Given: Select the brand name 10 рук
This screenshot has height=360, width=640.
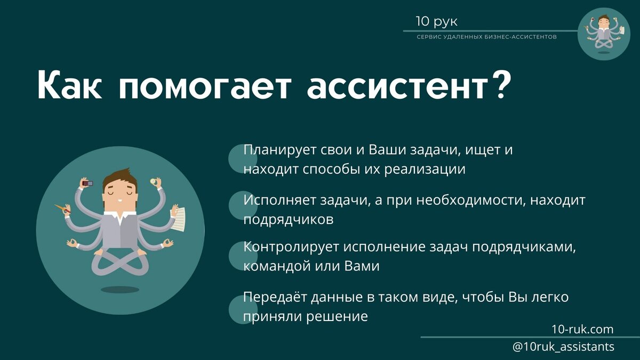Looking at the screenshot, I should click(x=436, y=22).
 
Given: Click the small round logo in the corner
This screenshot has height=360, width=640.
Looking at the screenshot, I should click(x=604, y=33).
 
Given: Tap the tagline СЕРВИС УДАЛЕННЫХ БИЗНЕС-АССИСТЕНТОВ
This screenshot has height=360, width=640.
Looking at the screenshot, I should click(x=487, y=37).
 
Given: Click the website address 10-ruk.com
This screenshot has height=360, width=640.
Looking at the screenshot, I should click(x=582, y=329).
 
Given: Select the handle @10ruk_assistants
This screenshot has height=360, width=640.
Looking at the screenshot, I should click(x=563, y=347).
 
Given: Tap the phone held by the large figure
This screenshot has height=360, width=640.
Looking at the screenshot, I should click(x=87, y=183).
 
